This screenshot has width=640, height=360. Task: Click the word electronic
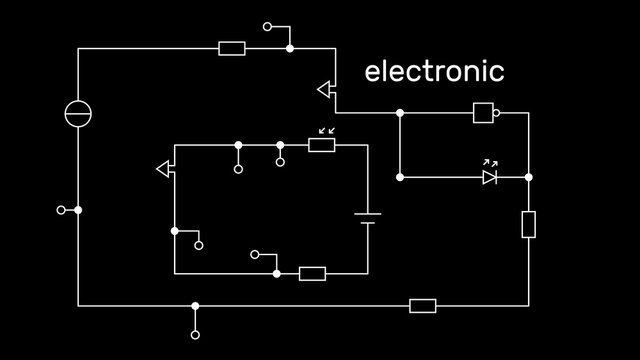point(434,72)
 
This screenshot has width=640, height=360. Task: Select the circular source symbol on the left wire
point(78,114)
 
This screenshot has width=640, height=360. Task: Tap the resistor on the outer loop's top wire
point(232,48)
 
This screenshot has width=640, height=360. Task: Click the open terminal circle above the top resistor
point(267,27)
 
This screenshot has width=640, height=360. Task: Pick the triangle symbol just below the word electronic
point(325,90)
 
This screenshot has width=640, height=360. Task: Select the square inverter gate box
point(483,113)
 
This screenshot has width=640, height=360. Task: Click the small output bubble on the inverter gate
point(496,113)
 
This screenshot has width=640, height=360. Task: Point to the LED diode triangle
point(489,177)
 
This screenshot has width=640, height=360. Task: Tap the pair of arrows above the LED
point(490,161)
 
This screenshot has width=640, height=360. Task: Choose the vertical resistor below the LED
point(529,224)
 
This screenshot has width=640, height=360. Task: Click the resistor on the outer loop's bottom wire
point(423,305)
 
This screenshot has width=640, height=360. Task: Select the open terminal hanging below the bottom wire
point(195,334)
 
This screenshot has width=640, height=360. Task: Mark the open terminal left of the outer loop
point(61,210)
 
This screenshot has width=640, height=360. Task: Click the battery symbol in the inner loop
point(367,218)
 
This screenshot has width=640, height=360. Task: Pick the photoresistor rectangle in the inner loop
point(321,145)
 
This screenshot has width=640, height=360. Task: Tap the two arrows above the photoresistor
point(325,130)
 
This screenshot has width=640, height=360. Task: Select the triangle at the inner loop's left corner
point(165,169)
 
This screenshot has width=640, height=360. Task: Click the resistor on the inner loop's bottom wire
point(312,273)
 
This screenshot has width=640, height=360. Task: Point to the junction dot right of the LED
point(529,177)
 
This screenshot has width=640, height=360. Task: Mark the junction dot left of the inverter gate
point(400,113)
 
